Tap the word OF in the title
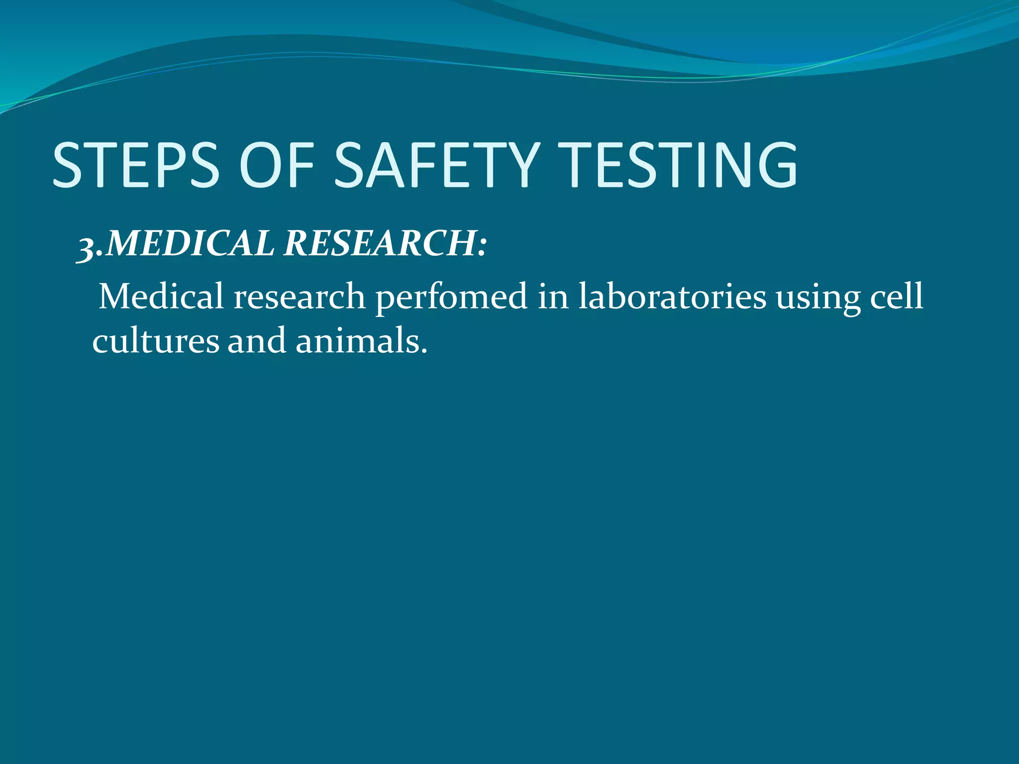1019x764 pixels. [x=277, y=165]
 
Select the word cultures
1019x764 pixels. [x=155, y=341]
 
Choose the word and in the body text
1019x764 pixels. [x=257, y=341]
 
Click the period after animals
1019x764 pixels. [x=424, y=351]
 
